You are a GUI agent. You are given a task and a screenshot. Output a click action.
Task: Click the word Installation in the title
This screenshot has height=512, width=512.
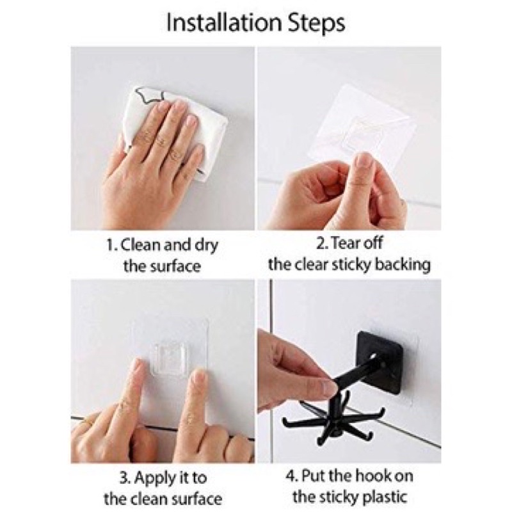224,22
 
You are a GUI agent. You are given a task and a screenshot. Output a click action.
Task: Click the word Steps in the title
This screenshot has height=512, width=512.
316,24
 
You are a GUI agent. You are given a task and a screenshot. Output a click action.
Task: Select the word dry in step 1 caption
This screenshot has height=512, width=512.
205,246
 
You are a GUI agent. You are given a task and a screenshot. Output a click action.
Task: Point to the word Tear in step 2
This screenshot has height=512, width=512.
344,243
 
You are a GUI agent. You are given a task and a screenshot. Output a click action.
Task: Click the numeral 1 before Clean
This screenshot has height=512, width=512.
111,245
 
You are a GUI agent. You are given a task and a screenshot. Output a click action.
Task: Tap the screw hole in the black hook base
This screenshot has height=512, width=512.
372,355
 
